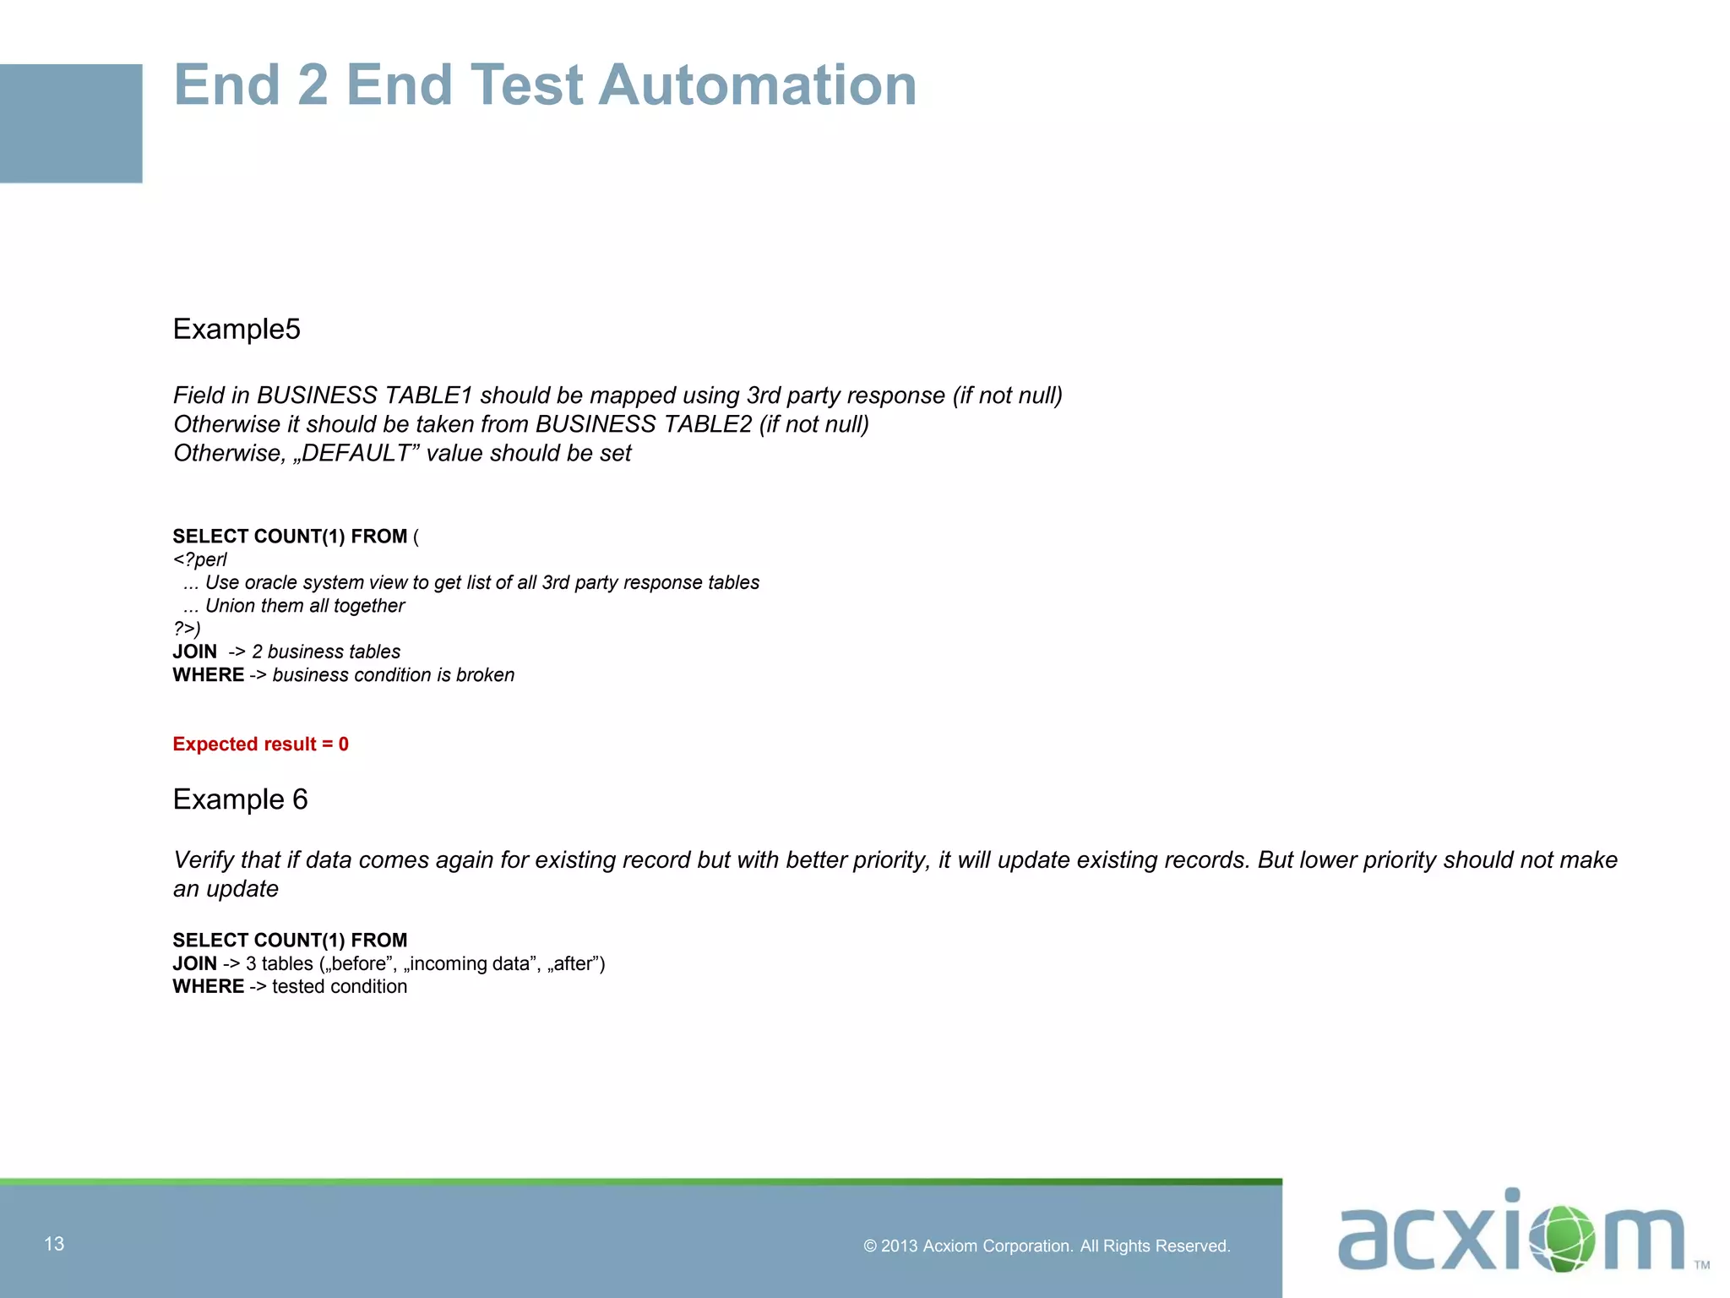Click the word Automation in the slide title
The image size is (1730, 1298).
[757, 85]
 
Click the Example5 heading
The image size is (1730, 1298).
[237, 329]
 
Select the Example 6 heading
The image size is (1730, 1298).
[240, 799]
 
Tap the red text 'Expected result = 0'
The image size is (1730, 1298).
[260, 744]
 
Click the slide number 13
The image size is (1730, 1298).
[54, 1244]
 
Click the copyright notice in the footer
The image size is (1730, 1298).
[1047, 1246]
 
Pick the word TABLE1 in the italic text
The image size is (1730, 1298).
[428, 395]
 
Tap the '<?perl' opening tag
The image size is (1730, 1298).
[200, 559]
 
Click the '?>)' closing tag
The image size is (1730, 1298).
[187, 628]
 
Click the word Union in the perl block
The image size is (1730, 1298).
[231, 605]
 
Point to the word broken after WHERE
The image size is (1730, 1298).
[485, 674]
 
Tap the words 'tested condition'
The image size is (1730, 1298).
[340, 986]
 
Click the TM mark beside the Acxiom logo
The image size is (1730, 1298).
[1701, 1265]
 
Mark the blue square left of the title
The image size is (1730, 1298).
[71, 123]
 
